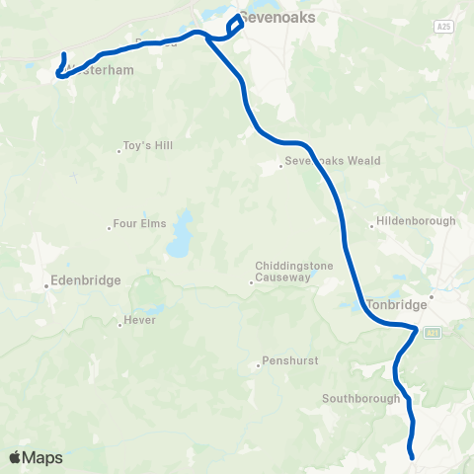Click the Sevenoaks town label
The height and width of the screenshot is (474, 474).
coord(273,17)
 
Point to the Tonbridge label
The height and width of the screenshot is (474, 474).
coord(394,305)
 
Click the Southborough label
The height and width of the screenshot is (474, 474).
coord(360,399)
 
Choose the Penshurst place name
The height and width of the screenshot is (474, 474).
coord(290,361)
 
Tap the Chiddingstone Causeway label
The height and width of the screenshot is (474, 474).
coord(293,272)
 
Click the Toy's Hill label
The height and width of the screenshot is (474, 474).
coord(148,146)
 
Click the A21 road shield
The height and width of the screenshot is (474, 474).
coord(434,335)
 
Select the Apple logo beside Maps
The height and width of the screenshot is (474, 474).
coord(16,457)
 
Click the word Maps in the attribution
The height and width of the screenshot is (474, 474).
coord(43,457)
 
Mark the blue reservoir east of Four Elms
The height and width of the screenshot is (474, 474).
coord(180,237)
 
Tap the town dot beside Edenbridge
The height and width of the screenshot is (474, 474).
coord(47,287)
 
